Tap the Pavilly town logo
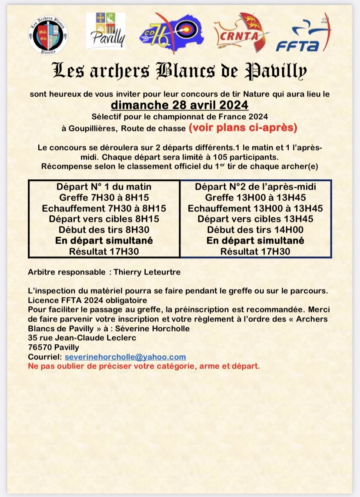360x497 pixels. [x=106, y=31]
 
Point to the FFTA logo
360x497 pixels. [x=303, y=33]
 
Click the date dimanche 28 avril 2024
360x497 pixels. [x=180, y=105]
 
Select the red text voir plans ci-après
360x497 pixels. [x=243, y=128]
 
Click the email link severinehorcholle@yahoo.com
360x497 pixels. [x=125, y=356]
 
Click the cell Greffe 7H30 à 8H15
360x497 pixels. [x=104, y=197]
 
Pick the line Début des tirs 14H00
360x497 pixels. [x=255, y=230]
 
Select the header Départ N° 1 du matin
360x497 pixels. [x=104, y=187]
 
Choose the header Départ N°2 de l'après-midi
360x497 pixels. [x=255, y=187]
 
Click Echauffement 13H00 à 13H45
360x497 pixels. [x=255, y=208]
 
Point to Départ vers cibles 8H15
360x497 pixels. [x=104, y=219]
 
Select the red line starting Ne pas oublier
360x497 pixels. [x=144, y=366]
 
